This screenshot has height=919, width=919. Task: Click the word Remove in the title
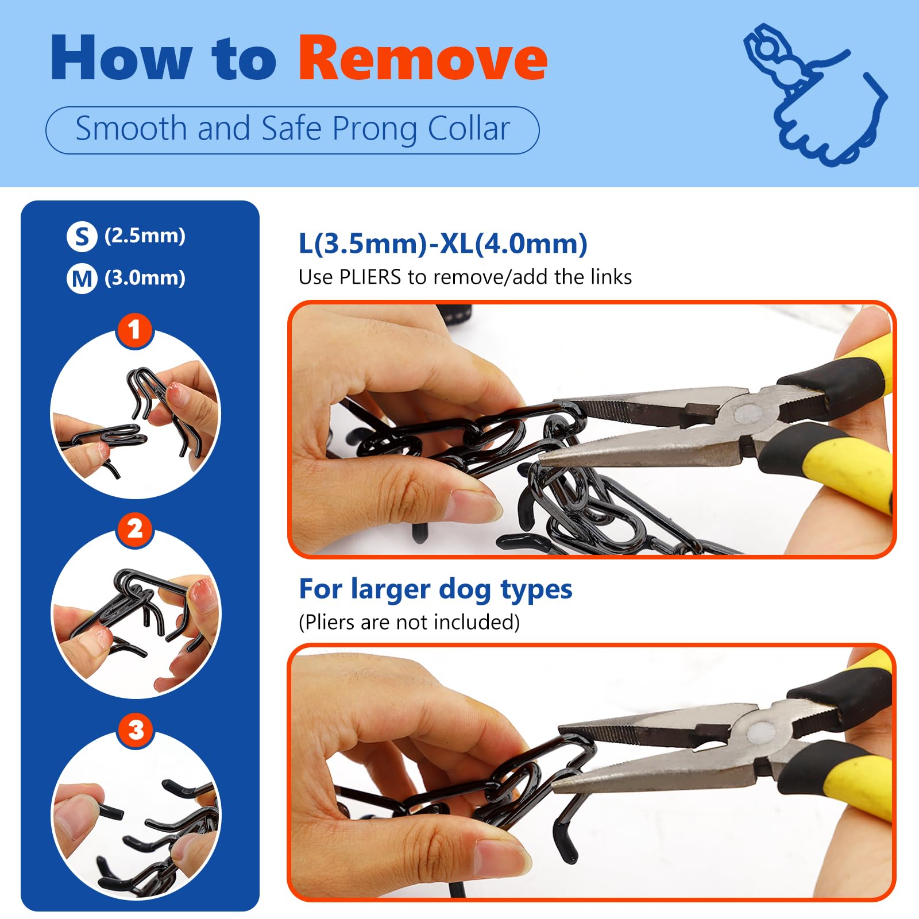(423, 57)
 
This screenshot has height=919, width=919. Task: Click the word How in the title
(121, 57)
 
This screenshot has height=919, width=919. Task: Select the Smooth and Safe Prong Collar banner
(292, 130)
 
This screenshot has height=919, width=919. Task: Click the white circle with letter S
(82, 237)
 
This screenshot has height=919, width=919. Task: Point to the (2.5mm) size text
(145, 235)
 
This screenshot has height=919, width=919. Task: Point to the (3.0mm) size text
(145, 278)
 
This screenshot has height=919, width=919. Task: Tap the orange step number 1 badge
(134, 330)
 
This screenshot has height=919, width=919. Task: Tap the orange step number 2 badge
(134, 529)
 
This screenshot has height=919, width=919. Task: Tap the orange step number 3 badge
(136, 730)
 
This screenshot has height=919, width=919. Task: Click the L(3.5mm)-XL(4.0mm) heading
(443, 244)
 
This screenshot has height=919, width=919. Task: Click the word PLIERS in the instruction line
(370, 277)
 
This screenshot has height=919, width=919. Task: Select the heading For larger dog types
(435, 590)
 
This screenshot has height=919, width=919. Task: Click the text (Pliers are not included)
(409, 622)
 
